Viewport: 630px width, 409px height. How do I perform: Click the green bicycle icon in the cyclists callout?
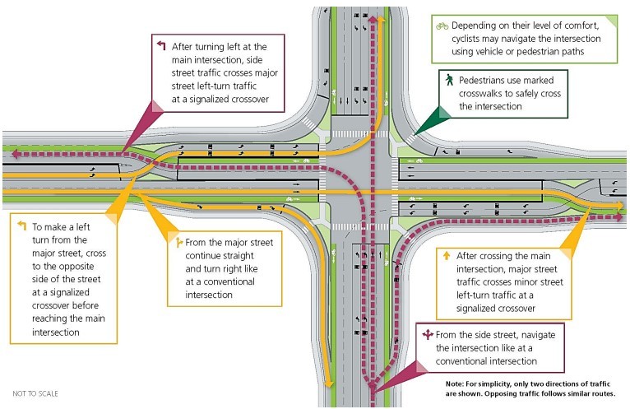click(442, 26)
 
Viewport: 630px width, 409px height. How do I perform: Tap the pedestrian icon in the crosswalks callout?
click(449, 81)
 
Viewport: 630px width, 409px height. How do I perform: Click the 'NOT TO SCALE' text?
click(35, 393)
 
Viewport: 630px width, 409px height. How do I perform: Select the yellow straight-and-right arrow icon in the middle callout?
click(178, 243)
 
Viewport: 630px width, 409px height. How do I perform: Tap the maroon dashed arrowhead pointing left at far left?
click(11, 153)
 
